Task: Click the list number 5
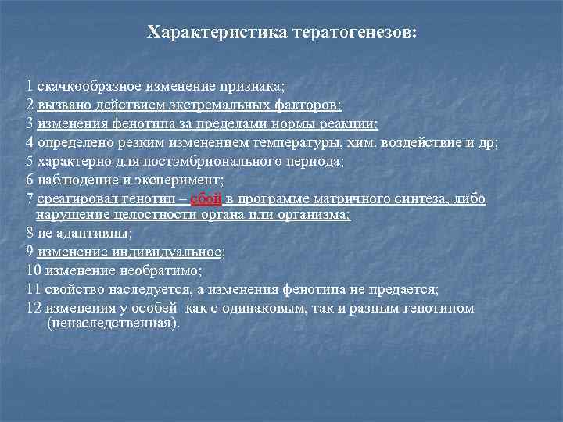pos(29,162)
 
